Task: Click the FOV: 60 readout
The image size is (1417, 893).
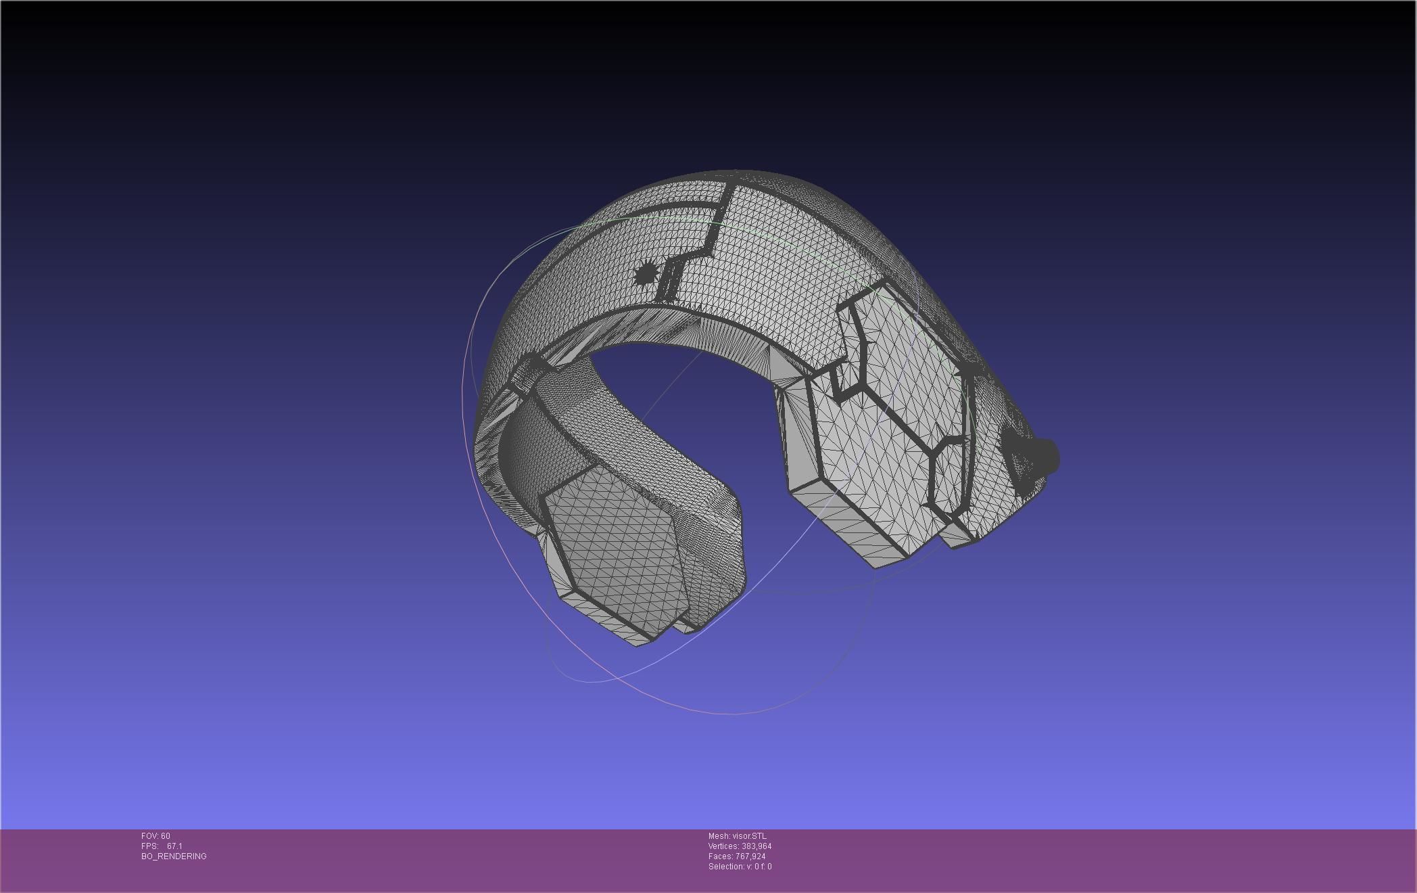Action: coord(155,836)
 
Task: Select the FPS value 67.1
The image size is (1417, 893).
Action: coord(174,846)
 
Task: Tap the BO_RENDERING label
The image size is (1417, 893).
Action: coord(174,856)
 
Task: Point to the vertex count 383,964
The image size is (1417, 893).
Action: coord(756,846)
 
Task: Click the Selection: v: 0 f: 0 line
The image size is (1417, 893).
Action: coord(740,867)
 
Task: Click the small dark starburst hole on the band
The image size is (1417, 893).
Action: coord(646,273)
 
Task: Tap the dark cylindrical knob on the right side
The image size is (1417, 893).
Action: coord(1040,457)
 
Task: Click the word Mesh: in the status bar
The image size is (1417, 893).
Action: coord(719,836)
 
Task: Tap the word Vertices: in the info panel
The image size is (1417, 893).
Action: coord(723,846)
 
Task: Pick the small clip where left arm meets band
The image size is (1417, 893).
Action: coord(531,371)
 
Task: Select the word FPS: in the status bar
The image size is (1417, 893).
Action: coord(150,846)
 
